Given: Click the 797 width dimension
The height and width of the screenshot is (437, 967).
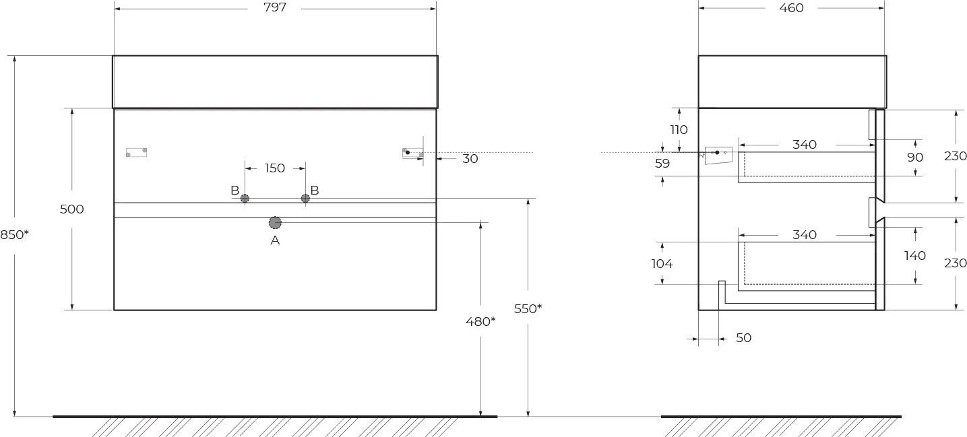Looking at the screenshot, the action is pyautogui.click(x=275, y=7).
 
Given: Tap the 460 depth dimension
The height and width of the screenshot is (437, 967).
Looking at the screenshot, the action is pyautogui.click(x=791, y=8).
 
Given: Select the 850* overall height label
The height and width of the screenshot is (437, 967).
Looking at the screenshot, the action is pyautogui.click(x=14, y=235).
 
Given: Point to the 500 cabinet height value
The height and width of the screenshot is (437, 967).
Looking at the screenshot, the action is pyautogui.click(x=71, y=209).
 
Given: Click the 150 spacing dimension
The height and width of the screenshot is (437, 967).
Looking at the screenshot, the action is pyautogui.click(x=275, y=168).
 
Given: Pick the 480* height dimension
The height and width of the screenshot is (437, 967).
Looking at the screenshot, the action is pyautogui.click(x=480, y=321).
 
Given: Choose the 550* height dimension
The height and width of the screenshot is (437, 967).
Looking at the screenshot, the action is pyautogui.click(x=528, y=308).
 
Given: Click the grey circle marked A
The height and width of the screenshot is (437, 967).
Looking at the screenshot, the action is pyautogui.click(x=275, y=223).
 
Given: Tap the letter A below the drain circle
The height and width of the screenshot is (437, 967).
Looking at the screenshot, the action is pyautogui.click(x=275, y=240).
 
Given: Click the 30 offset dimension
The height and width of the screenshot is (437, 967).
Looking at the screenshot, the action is pyautogui.click(x=470, y=159).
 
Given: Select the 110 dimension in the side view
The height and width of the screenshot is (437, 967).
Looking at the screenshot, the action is pyautogui.click(x=679, y=129).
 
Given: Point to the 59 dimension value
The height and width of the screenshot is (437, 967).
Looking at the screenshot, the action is pyautogui.click(x=662, y=164).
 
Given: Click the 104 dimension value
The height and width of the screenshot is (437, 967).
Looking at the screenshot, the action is pyautogui.click(x=662, y=263).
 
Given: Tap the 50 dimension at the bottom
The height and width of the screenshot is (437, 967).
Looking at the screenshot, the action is pyautogui.click(x=743, y=338).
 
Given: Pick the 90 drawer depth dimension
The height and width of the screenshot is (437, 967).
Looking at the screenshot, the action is pyautogui.click(x=915, y=158).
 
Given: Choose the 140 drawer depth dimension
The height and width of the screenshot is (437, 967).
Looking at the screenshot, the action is pyautogui.click(x=915, y=256).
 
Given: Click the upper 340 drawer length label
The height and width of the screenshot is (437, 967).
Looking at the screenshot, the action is pyautogui.click(x=805, y=145).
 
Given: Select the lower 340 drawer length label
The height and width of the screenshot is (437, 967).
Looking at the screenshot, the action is pyautogui.click(x=805, y=235).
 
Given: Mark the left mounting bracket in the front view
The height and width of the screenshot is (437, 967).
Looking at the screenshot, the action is pyautogui.click(x=136, y=152).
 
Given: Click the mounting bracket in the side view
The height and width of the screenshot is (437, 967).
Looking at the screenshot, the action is pyautogui.click(x=718, y=156).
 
